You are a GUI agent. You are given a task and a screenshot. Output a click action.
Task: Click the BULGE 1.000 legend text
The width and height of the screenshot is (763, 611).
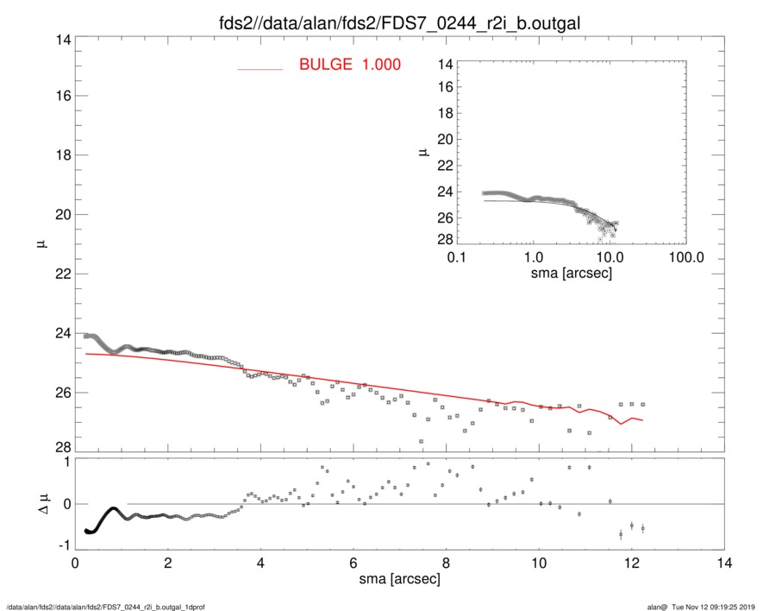click(x=349, y=65)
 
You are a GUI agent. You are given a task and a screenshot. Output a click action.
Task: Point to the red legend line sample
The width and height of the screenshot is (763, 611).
click(x=260, y=69)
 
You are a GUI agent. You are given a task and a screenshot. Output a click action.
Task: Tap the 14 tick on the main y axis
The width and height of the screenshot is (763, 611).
click(x=61, y=38)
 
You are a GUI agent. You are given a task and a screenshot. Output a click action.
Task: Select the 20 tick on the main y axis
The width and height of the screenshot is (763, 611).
click(x=61, y=215)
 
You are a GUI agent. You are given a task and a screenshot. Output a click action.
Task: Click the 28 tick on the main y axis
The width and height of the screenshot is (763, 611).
click(x=61, y=447)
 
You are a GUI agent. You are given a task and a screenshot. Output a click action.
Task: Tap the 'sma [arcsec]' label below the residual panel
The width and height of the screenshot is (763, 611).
click(x=399, y=579)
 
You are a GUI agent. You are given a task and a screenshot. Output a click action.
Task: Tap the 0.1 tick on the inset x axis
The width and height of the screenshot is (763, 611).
click(x=457, y=256)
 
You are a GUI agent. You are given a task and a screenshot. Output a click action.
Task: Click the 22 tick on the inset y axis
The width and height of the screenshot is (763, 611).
click(x=443, y=164)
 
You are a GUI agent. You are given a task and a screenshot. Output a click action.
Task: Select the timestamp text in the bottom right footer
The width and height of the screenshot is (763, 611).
click(x=706, y=607)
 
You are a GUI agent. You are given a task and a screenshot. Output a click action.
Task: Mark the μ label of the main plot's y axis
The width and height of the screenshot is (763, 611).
click(x=40, y=244)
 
